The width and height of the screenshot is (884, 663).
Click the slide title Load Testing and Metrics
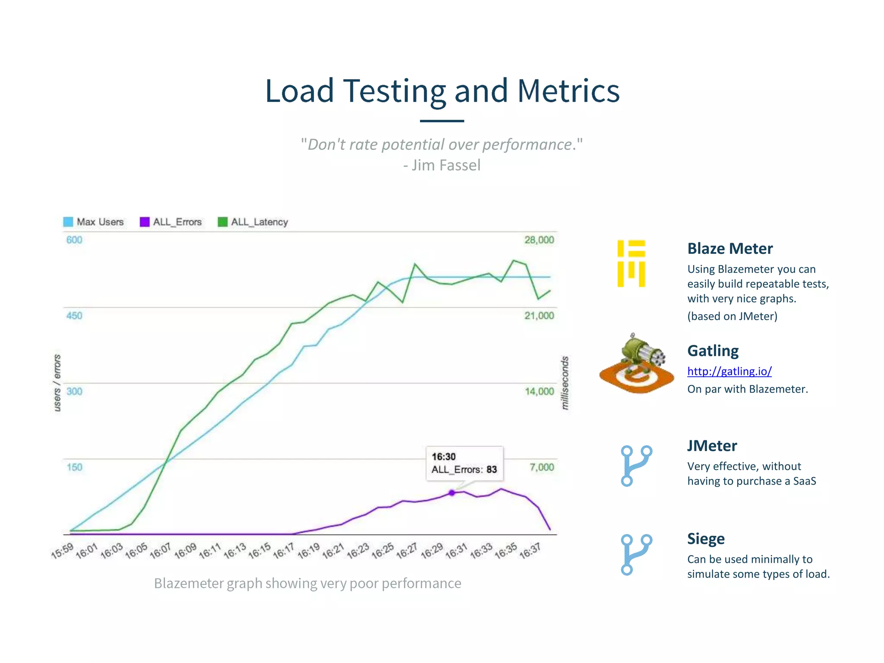(x=442, y=91)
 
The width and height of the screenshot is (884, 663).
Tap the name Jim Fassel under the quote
(x=445, y=165)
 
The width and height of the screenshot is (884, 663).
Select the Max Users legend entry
(x=94, y=222)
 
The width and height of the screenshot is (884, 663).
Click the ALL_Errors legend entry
(x=171, y=222)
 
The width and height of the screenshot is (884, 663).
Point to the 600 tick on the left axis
(x=74, y=240)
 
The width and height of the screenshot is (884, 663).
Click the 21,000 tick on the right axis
(x=539, y=316)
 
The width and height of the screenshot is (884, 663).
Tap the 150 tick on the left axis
(x=74, y=467)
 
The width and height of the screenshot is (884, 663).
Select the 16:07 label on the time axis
(x=161, y=551)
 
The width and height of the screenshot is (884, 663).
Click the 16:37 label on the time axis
(x=530, y=551)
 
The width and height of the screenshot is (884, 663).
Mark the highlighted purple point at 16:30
(x=452, y=493)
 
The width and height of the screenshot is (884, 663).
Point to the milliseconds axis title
(x=565, y=383)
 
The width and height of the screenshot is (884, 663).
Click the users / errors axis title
(x=57, y=383)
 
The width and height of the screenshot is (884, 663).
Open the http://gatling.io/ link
(x=729, y=371)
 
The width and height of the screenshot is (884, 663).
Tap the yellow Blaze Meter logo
(x=631, y=263)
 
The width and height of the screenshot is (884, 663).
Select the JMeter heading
(x=712, y=446)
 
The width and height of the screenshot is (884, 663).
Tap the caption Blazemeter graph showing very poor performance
(x=307, y=583)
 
